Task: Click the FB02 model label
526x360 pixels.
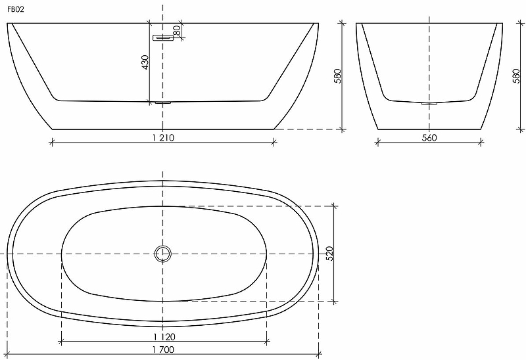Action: (16, 9)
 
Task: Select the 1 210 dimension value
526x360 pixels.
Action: (163, 137)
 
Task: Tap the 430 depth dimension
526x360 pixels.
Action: (145, 62)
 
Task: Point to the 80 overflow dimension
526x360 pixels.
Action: (177, 30)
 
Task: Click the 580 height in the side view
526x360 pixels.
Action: (337, 76)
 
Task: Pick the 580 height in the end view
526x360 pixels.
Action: (516, 76)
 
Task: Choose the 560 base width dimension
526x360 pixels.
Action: (429, 137)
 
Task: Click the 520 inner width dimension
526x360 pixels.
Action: (330, 254)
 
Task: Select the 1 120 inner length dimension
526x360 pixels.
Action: (164, 336)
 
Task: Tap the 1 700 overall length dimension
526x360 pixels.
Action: (163, 349)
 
